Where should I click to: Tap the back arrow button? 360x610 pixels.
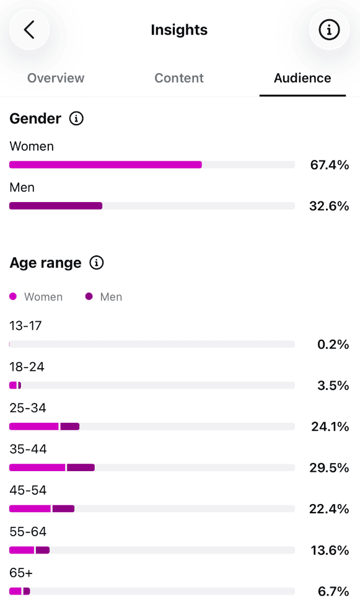click(29, 30)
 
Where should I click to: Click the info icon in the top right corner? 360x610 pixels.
click(329, 30)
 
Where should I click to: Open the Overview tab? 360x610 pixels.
click(56, 78)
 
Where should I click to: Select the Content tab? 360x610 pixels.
click(179, 78)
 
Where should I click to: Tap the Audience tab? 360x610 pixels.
click(302, 78)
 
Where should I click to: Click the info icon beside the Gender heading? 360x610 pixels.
click(76, 118)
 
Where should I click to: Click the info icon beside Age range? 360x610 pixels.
click(97, 263)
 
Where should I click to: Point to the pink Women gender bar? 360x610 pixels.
click(105, 164)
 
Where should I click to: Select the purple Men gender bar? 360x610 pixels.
click(56, 206)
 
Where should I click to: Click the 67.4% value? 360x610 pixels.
click(329, 165)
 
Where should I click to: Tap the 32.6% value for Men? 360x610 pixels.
click(329, 206)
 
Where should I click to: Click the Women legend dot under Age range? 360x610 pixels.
click(13, 296)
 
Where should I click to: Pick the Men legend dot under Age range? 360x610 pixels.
click(89, 296)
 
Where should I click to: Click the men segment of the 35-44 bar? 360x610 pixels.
click(81, 467)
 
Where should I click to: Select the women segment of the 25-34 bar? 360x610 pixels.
click(34, 427)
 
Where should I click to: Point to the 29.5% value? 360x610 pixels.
click(329, 467)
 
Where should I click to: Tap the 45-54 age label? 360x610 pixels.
click(28, 490)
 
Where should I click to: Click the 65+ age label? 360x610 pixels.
click(21, 573)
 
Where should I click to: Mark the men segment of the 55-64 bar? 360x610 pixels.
click(43, 550)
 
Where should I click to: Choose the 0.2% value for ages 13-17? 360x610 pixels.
click(333, 344)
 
